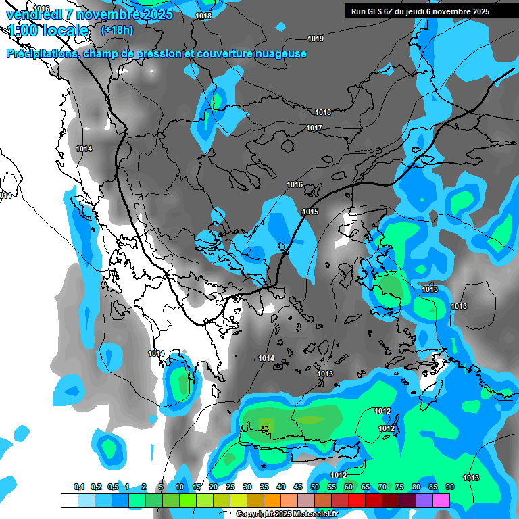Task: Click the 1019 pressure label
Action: point(316,39)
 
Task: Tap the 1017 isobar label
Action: point(314,128)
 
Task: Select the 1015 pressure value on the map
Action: point(310,212)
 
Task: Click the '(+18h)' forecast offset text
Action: point(117,30)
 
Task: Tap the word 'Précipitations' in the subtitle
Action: point(42,53)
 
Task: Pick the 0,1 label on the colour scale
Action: point(79,487)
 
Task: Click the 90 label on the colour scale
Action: point(449,487)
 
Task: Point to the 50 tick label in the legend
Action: point(315,487)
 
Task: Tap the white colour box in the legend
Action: point(69,500)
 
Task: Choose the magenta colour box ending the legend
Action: point(441,500)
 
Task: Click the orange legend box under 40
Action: point(272,500)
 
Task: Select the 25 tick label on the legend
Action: point(230,487)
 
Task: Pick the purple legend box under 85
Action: point(424,500)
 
